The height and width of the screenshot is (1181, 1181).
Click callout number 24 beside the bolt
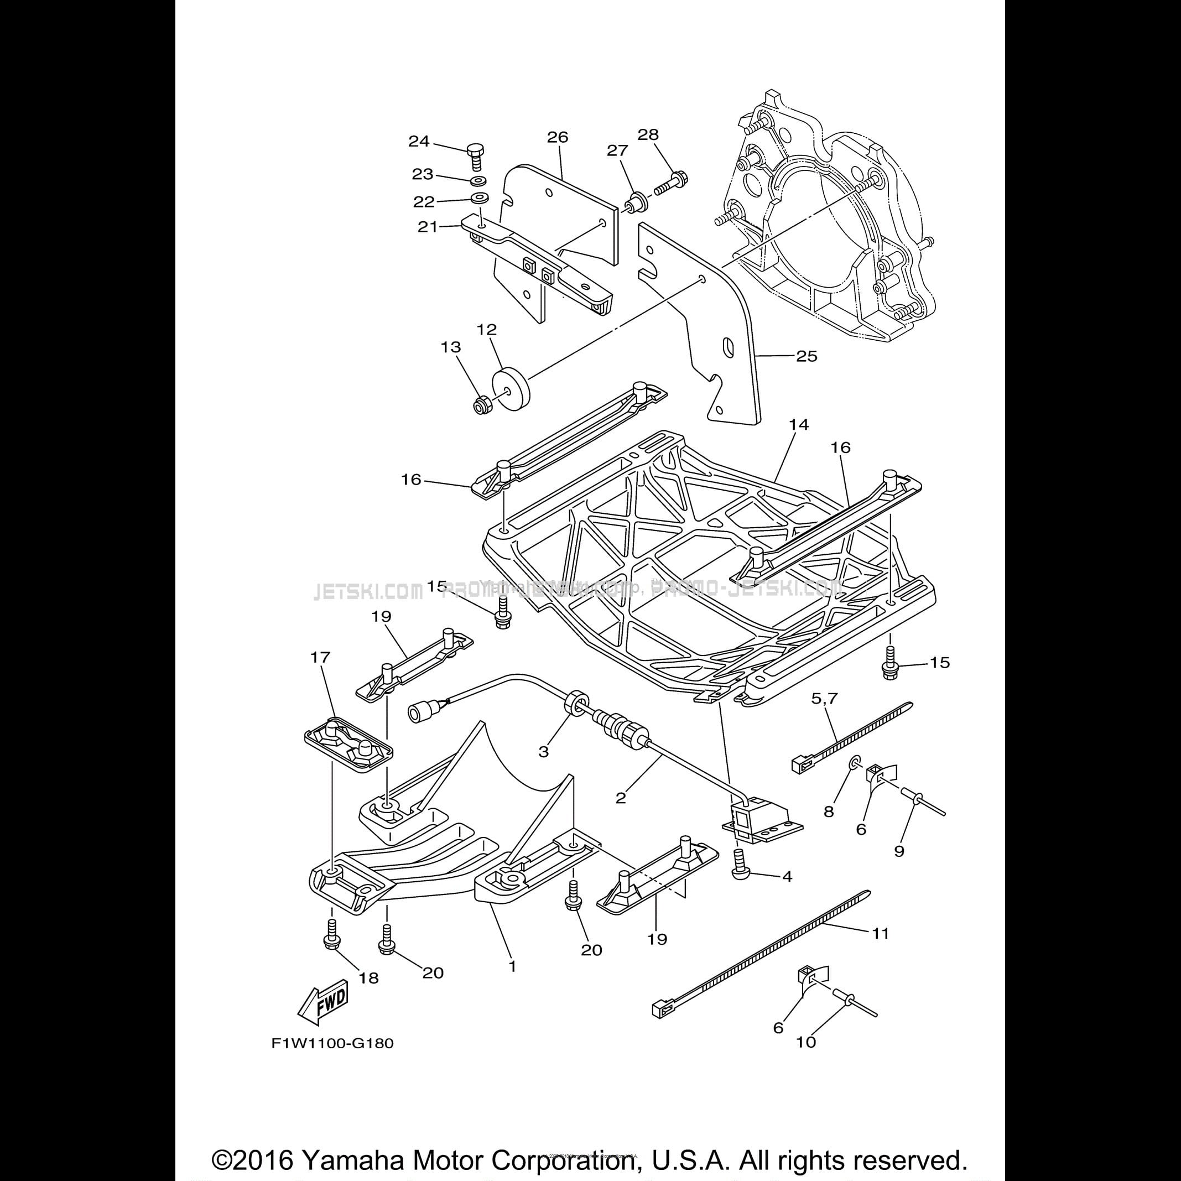point(419,142)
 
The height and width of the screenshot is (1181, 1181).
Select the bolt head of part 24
point(475,149)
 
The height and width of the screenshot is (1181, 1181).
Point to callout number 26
point(558,137)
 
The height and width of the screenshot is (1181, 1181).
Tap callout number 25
point(807,356)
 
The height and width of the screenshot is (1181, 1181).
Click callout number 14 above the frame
point(799,424)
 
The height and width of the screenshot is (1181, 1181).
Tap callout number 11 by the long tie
point(880,933)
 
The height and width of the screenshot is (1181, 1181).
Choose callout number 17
point(320,657)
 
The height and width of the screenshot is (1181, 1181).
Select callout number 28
point(648,134)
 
